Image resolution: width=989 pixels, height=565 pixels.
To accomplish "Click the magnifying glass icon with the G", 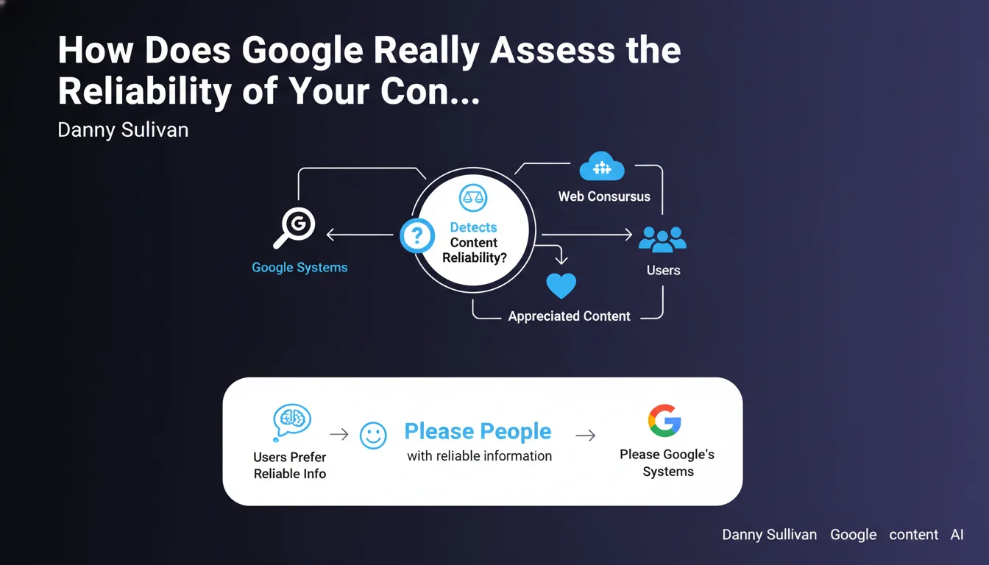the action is (x=295, y=227).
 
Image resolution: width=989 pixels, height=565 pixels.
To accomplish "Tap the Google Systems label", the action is (x=299, y=268).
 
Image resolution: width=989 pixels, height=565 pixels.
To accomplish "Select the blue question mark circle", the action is (x=416, y=235).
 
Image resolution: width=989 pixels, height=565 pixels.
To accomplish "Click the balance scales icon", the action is (x=473, y=198).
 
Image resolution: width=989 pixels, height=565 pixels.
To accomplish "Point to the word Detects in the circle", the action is (x=473, y=227).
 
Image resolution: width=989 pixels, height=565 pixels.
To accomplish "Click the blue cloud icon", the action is (x=602, y=166).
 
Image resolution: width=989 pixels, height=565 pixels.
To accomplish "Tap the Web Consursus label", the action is (x=604, y=196).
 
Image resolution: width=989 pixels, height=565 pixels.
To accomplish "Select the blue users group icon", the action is (x=662, y=239).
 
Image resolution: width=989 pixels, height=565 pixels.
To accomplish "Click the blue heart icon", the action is (x=561, y=285).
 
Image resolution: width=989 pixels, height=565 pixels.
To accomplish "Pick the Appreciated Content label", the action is (x=569, y=316).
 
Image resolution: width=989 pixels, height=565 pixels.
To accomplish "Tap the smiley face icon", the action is (x=373, y=436).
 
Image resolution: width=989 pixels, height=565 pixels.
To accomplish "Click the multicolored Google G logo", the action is (x=664, y=421).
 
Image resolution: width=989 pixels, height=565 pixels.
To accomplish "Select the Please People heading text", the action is (x=478, y=431).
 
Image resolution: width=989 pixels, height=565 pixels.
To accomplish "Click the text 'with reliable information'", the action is (x=480, y=455).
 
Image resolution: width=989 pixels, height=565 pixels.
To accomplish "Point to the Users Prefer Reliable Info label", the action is (x=290, y=465).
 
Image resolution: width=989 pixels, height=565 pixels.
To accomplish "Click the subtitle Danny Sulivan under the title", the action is (x=123, y=130).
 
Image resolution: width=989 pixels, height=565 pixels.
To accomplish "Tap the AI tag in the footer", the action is (x=957, y=535).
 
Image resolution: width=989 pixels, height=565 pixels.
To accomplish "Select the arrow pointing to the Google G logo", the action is (x=586, y=436).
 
